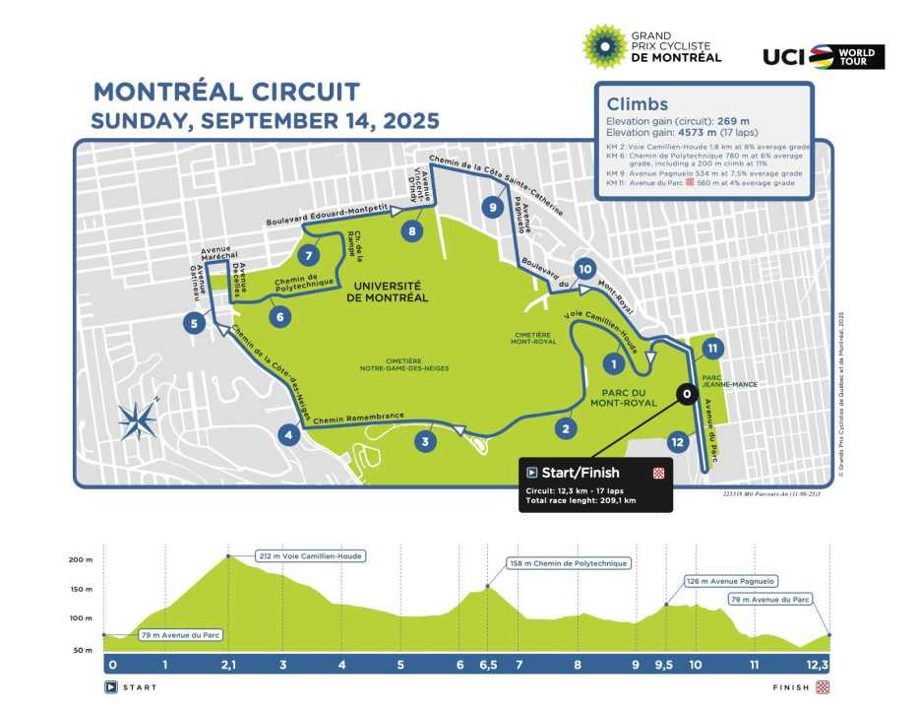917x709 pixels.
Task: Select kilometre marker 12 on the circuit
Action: (x=675, y=441)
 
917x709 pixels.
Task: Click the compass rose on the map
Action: (x=138, y=419)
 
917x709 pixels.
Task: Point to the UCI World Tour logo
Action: (x=824, y=57)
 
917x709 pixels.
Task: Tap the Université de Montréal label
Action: (x=387, y=290)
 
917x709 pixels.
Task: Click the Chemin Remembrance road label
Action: (x=359, y=418)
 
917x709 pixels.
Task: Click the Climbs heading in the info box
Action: (x=638, y=104)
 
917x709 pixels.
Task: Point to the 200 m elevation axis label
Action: (x=80, y=559)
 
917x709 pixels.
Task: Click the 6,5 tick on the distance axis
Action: (x=488, y=665)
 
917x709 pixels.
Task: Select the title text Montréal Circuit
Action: (x=226, y=93)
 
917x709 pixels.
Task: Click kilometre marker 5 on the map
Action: (x=195, y=323)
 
